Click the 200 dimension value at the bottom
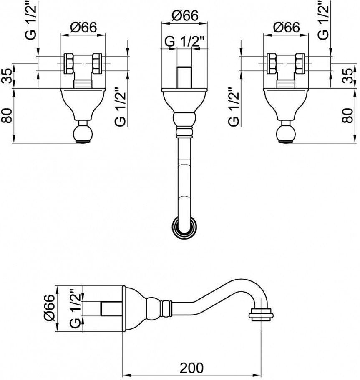pyautogui.click(x=191, y=368)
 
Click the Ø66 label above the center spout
pyautogui.click(x=185, y=16)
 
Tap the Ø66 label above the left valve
pyautogui.click(x=83, y=27)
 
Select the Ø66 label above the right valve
pyautogui.click(x=287, y=27)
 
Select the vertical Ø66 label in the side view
pyautogui.click(x=50, y=308)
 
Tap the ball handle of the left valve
pyautogui.click(x=83, y=133)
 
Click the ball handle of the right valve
pyautogui.click(x=286, y=133)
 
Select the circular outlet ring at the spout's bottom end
pyautogui.click(x=184, y=227)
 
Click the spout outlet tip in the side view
pyautogui.click(x=261, y=315)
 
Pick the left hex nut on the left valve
pyautogui.click(x=69, y=64)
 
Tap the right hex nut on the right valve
pyautogui.click(x=300, y=64)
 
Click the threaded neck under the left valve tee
pyautogui.click(x=83, y=84)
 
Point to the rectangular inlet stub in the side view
pyautogui.click(x=111, y=308)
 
